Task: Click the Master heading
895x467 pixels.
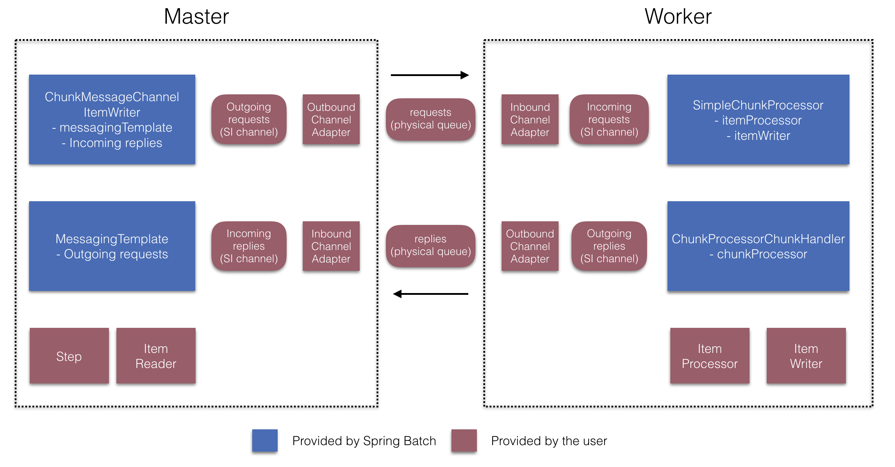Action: point(196,17)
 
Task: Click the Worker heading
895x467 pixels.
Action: point(678,17)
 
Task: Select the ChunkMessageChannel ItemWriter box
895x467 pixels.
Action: point(112,119)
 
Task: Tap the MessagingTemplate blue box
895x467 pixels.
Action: point(112,246)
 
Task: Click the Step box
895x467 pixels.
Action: point(69,356)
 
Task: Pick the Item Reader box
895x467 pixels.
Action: point(156,356)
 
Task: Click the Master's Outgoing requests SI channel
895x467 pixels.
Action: point(249,119)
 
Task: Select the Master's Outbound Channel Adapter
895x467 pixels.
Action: point(331,119)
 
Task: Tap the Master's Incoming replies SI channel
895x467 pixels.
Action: point(249,246)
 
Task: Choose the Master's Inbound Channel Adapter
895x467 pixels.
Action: point(331,246)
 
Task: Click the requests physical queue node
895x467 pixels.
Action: point(431,119)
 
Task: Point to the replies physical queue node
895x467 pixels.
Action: point(431,246)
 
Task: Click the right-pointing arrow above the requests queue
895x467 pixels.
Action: point(430,75)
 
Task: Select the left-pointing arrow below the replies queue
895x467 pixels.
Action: point(431,294)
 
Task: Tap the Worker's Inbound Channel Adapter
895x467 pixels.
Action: point(530,119)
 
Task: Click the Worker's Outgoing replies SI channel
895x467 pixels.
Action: point(609,246)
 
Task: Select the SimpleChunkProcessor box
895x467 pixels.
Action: point(758,119)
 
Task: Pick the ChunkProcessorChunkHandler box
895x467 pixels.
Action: point(758,246)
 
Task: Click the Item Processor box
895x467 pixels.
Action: point(710,356)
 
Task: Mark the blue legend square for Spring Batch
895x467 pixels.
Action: point(265,440)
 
